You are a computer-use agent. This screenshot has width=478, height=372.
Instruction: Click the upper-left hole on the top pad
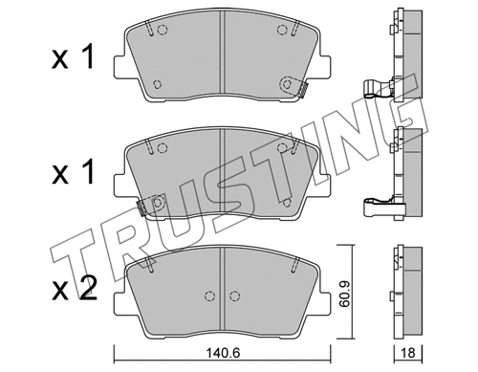click(160, 29)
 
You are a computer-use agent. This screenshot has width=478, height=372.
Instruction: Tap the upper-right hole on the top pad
click(283, 30)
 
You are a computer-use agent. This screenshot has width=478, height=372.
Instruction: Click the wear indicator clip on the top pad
click(300, 90)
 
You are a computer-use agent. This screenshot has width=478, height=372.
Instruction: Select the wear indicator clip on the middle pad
click(145, 207)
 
